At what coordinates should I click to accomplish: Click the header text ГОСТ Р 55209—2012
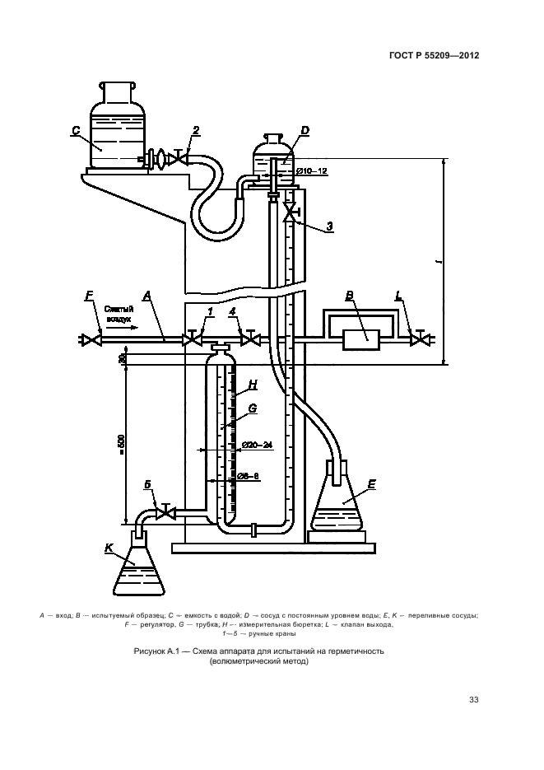(434, 56)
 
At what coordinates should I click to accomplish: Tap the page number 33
(473, 699)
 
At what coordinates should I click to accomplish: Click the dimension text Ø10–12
(312, 171)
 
